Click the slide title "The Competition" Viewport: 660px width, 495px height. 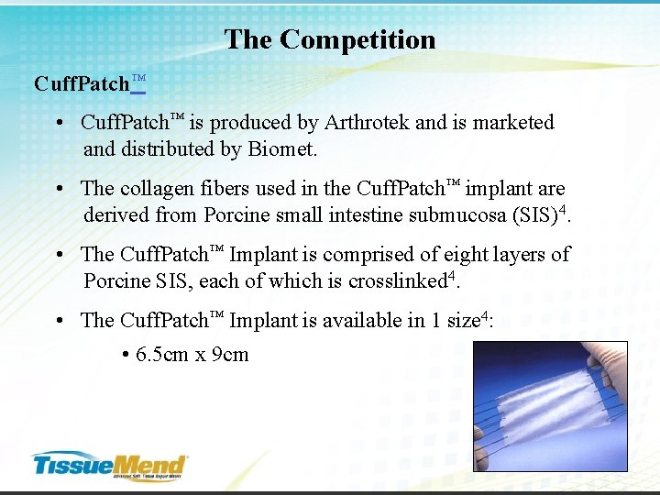pos(330,39)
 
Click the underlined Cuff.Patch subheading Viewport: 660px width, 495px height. pos(89,84)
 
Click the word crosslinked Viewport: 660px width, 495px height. pos(396,281)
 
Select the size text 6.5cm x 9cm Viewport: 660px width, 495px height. pos(192,355)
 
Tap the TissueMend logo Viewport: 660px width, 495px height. pos(109,465)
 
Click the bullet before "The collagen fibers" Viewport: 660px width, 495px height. pos(58,189)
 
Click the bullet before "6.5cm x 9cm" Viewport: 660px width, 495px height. pos(124,356)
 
